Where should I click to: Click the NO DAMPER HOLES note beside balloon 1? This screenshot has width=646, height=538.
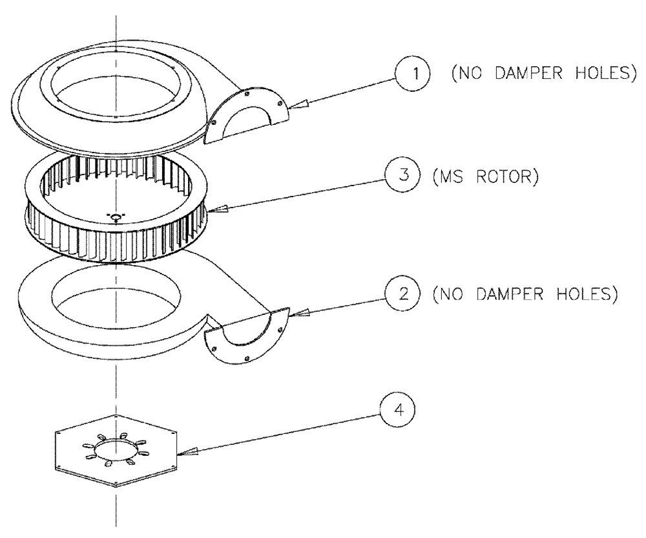pyautogui.click(x=539, y=73)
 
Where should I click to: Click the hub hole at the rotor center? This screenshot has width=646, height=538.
pyautogui.click(x=115, y=216)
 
